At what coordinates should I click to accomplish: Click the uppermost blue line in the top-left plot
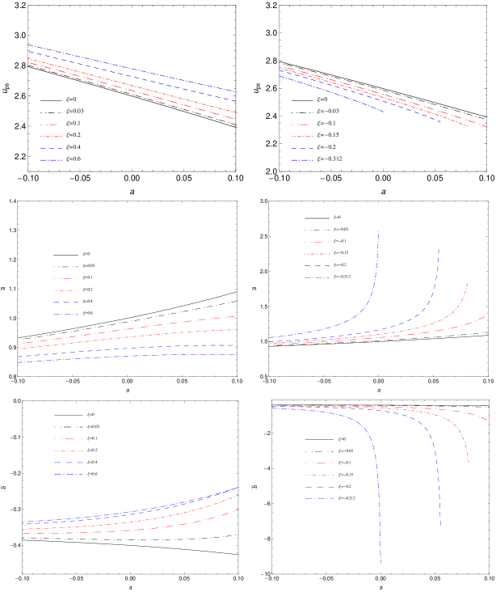[129, 68]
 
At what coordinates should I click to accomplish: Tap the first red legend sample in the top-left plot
[50, 125]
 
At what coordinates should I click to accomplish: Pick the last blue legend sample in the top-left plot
[51, 160]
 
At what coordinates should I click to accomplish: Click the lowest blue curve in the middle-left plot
[129, 357]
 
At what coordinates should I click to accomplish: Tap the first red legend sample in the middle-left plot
[65, 279]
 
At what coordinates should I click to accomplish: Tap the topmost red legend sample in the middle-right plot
[317, 254]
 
